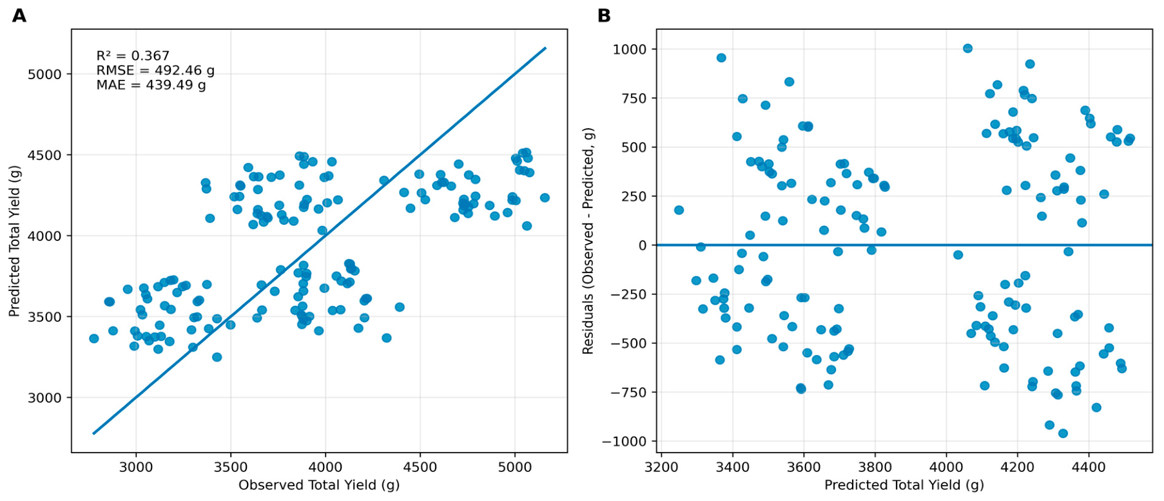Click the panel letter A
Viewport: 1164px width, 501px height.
click(19, 15)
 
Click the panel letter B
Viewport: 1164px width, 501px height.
click(604, 15)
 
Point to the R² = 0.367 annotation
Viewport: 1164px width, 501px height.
click(133, 56)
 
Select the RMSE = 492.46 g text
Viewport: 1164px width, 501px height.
click(155, 70)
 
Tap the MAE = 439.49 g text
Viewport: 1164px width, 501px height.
click(151, 85)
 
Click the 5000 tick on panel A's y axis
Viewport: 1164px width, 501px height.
click(44, 75)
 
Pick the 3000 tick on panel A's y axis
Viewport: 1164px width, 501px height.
click(44, 398)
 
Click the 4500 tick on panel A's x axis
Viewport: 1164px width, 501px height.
click(420, 466)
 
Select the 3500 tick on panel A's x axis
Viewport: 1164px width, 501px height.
click(231, 466)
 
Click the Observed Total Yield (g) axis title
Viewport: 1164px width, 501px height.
click(319, 485)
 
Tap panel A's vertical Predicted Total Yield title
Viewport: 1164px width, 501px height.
click(14, 241)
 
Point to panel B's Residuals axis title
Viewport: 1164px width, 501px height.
click(588, 241)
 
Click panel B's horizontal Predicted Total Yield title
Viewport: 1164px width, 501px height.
click(904, 485)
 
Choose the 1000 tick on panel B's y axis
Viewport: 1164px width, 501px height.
click(630, 50)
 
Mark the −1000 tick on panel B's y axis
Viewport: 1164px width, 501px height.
click(625, 442)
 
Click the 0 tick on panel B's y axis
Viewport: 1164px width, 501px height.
click(643, 245)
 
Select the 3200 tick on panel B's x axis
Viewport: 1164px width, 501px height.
click(661, 466)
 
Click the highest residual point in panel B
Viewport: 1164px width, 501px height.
click(967, 48)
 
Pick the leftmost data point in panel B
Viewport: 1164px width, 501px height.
click(679, 210)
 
